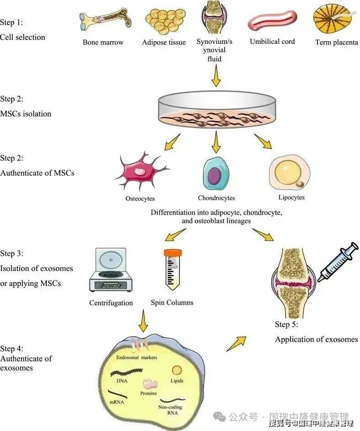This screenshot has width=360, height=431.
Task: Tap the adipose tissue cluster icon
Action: (x=163, y=21)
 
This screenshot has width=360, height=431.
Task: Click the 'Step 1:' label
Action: (x=11, y=22)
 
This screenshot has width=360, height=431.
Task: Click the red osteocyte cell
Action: (x=140, y=174)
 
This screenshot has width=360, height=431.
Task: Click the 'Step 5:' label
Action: (x=286, y=325)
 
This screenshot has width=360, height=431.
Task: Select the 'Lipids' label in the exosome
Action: (x=177, y=381)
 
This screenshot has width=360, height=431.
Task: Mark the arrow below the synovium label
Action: (x=216, y=75)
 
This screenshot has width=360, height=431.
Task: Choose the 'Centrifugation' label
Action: (x=111, y=303)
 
